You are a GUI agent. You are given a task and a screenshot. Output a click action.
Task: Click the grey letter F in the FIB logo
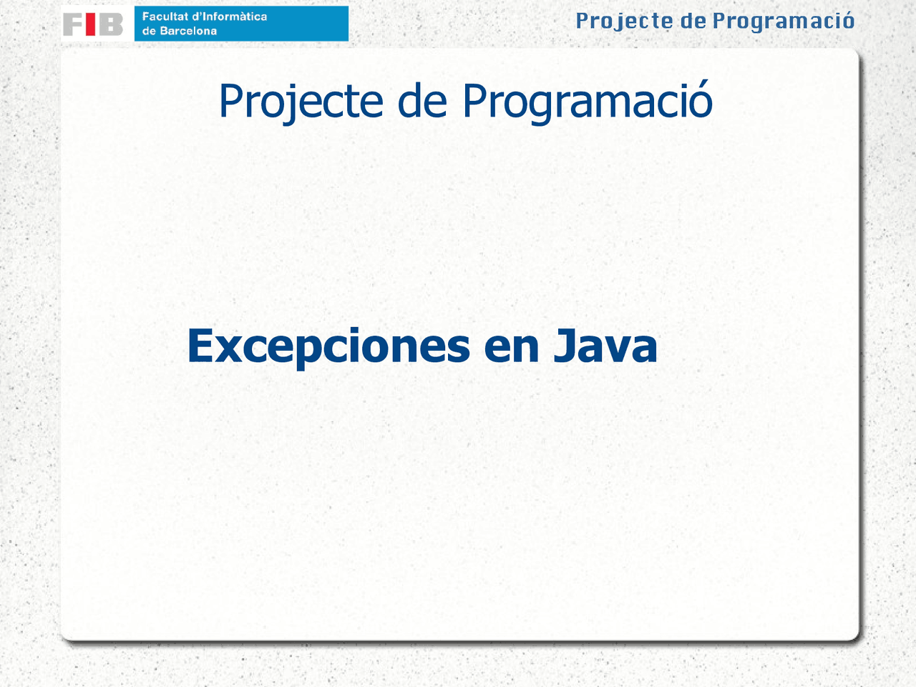[74, 24]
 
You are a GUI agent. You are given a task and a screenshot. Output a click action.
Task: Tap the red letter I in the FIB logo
[91, 24]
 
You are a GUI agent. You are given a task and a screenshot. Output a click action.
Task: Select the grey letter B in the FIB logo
[110, 24]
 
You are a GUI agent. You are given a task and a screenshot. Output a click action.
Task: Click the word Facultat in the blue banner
[164, 16]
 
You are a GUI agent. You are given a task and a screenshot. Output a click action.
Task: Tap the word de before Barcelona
[149, 31]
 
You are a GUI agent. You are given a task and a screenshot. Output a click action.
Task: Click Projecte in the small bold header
[624, 21]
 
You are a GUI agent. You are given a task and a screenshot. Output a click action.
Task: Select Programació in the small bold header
[783, 21]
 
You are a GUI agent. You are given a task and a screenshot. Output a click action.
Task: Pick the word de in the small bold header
[693, 21]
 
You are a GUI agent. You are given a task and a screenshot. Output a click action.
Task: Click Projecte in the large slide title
[301, 101]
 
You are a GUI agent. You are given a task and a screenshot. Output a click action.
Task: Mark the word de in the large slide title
[422, 101]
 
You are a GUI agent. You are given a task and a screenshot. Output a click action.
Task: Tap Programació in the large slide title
[587, 101]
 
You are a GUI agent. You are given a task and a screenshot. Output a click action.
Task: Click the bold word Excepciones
[328, 346]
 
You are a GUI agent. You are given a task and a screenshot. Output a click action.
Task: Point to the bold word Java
[605, 346]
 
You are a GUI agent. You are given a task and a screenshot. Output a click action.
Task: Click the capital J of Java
[565, 346]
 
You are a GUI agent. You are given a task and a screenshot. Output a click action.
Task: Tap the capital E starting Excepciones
[201, 346]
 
